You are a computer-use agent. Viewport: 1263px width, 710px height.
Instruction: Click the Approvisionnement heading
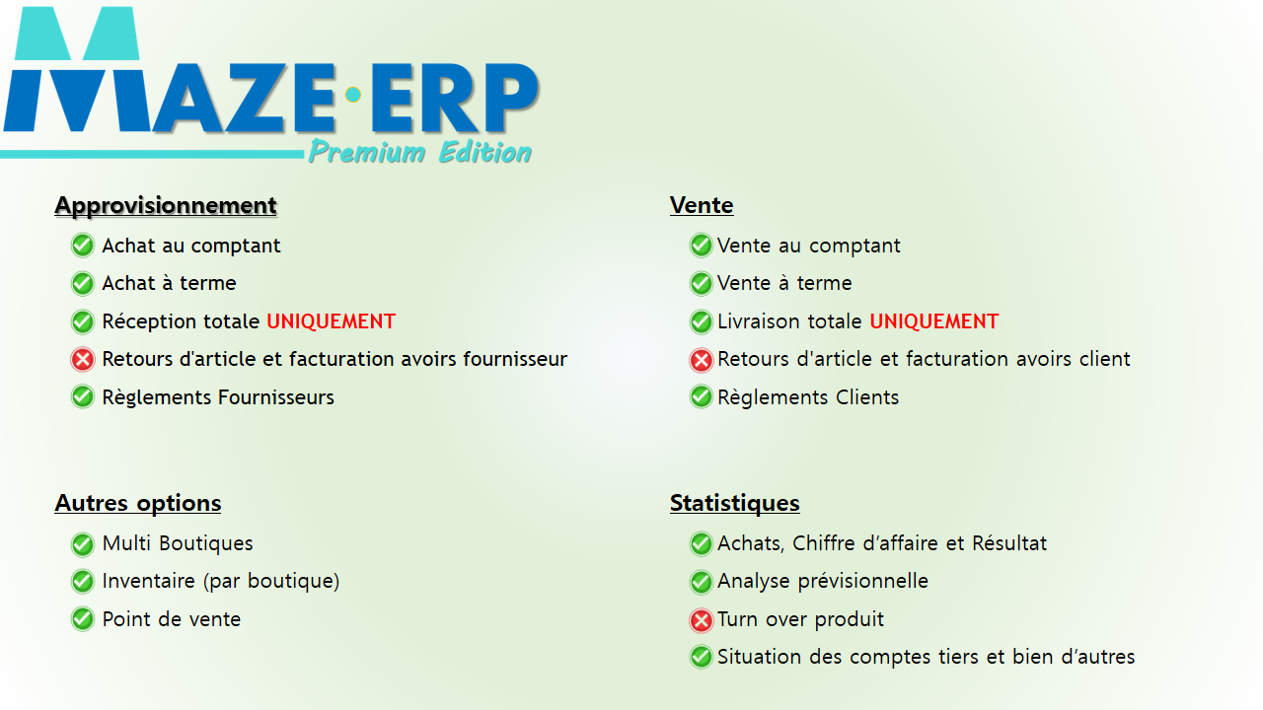[166, 206]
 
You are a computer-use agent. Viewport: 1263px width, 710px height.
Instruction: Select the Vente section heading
[702, 205]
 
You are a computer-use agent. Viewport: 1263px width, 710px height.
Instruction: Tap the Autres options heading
[137, 503]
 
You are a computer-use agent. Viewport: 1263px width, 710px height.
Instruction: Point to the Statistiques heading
[735, 503]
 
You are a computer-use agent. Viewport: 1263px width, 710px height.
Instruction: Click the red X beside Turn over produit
[701, 620]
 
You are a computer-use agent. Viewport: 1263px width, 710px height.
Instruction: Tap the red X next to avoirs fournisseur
[82, 360]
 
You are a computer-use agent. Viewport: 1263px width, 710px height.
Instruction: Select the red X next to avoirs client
[701, 360]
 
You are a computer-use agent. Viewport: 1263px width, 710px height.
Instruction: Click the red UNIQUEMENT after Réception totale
[331, 321]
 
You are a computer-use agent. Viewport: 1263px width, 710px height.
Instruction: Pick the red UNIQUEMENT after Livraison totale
[934, 321]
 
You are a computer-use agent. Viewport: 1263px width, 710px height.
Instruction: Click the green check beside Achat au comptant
[82, 246]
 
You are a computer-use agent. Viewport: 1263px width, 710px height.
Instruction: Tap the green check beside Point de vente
[82, 619]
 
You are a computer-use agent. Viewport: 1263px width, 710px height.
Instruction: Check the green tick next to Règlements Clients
[701, 397]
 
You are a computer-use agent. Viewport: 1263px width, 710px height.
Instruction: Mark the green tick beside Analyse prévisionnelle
[701, 582]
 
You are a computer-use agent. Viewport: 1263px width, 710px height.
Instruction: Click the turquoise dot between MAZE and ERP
[353, 95]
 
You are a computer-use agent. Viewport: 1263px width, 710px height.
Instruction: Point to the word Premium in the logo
[366, 152]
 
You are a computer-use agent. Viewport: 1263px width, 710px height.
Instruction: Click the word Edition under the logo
[485, 152]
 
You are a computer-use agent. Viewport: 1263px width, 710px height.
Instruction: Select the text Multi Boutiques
[178, 543]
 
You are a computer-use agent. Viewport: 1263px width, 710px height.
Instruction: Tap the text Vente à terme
[784, 283]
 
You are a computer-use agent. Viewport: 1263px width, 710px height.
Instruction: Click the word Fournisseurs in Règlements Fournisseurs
[276, 397]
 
